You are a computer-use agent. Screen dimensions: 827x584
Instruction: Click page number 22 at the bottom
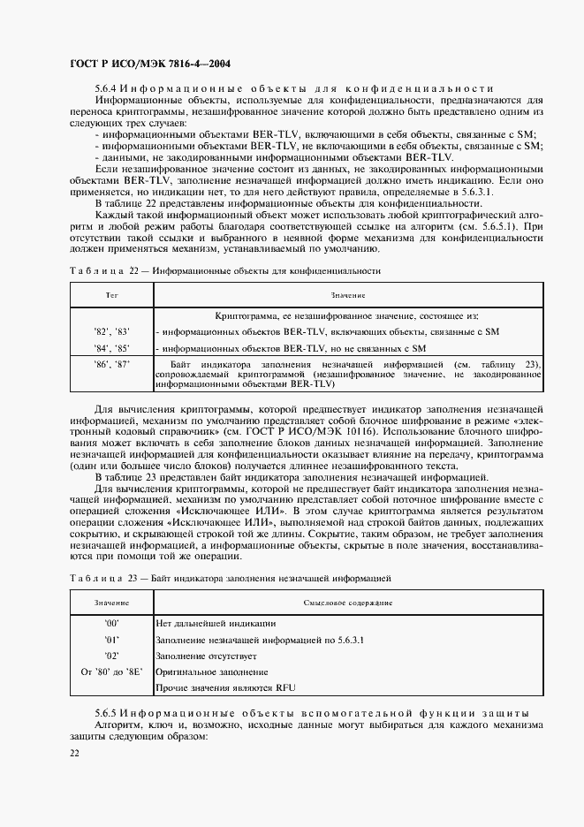[x=73, y=752]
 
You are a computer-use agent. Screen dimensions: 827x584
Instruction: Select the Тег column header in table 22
[x=111, y=294]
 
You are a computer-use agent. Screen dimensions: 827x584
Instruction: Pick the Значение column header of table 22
[x=348, y=294]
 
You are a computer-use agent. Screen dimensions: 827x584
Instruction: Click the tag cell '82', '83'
[x=111, y=331]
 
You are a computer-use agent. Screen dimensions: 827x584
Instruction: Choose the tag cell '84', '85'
[x=111, y=348]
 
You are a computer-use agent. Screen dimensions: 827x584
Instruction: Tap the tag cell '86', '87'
[x=111, y=364]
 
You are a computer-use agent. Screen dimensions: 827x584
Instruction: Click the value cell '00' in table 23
[x=111, y=623]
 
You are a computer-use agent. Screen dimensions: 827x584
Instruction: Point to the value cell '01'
[x=111, y=640]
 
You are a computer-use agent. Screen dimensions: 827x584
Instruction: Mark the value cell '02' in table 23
[x=111, y=656]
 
